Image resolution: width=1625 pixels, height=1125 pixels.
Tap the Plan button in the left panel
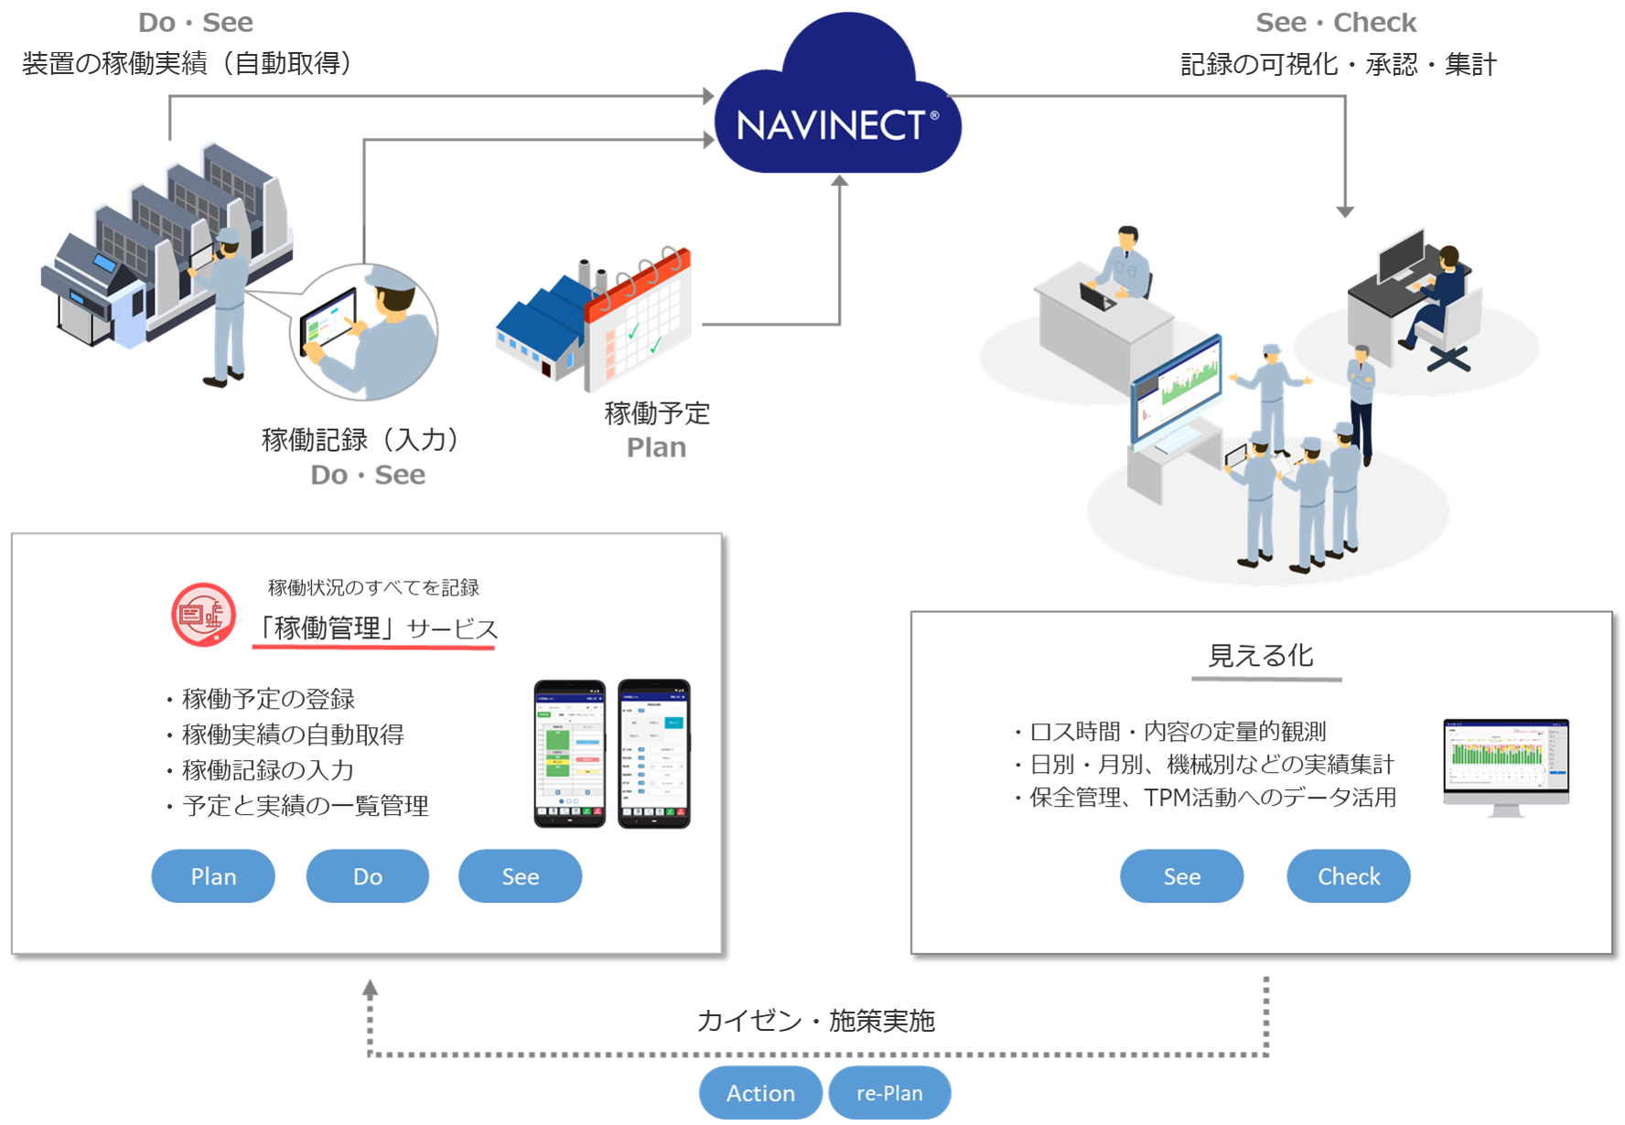(213, 876)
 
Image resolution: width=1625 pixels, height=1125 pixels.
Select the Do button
(367, 876)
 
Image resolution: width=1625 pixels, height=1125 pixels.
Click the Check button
(1348, 876)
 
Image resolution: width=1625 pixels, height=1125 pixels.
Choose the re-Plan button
(889, 1093)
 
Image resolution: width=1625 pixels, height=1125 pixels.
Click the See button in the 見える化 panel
(1181, 876)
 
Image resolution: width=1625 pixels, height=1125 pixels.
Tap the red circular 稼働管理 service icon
(203, 615)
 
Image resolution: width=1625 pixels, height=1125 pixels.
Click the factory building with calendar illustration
(595, 320)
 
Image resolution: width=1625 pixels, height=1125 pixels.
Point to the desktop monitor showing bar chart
(1506, 764)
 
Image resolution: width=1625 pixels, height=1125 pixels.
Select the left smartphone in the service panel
(569, 753)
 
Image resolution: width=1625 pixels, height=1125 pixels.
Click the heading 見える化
(1261, 656)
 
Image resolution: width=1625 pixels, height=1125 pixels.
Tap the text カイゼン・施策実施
(815, 1021)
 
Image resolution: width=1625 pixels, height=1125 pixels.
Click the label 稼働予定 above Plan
(657, 413)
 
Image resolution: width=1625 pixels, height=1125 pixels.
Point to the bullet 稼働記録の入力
(267, 770)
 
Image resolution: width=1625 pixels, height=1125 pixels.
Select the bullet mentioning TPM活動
(1212, 798)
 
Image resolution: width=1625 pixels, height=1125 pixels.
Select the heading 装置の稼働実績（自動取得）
(188, 63)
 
